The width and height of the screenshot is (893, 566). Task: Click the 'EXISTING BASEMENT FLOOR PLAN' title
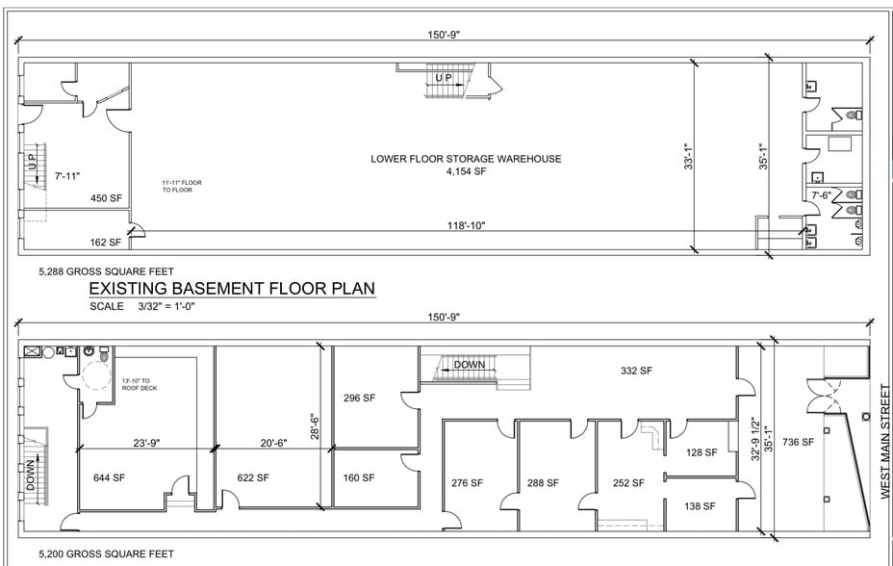[x=231, y=288]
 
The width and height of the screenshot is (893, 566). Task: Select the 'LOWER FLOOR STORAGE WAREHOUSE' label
[x=466, y=159]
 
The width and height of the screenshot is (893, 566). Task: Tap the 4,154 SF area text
[x=466, y=171]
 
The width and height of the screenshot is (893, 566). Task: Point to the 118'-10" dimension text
[x=466, y=226]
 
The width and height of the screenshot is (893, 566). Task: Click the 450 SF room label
[x=106, y=198]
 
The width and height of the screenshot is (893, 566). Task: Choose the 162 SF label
[x=106, y=243]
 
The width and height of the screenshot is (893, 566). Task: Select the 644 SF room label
[x=110, y=477]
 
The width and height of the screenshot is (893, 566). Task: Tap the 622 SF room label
[x=253, y=477]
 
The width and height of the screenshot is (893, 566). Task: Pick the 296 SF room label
[x=360, y=398]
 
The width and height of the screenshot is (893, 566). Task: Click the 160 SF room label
[x=360, y=477]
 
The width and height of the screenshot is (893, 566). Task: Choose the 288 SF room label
[x=543, y=483]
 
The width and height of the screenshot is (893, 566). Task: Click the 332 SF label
[x=637, y=371]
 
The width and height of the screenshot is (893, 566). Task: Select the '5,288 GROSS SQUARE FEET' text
[x=106, y=271]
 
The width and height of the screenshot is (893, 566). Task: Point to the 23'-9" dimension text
[x=145, y=445]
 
